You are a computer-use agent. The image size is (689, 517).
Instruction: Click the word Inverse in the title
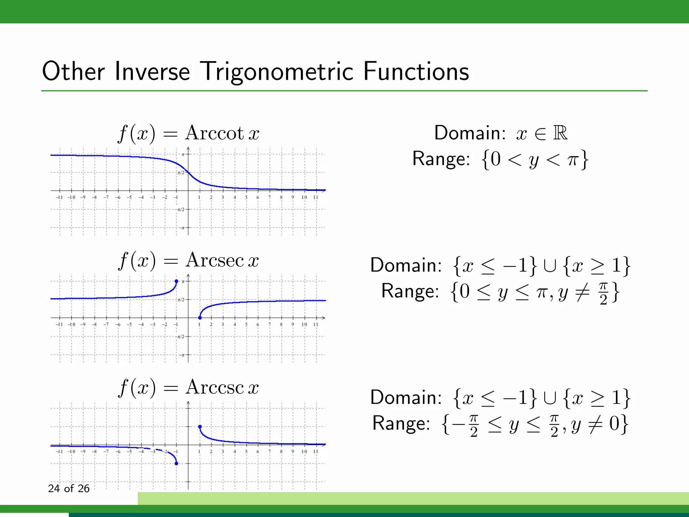pyautogui.click(x=152, y=72)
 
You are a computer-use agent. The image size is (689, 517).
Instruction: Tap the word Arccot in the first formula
pyautogui.click(x=214, y=133)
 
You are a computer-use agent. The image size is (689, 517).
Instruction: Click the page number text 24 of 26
pyautogui.click(x=69, y=488)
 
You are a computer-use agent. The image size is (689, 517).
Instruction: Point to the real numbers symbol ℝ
pyautogui.click(x=560, y=133)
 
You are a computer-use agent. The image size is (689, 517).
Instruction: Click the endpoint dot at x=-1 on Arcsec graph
pyautogui.click(x=176, y=281)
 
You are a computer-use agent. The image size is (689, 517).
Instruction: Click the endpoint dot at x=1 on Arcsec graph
pyautogui.click(x=200, y=317)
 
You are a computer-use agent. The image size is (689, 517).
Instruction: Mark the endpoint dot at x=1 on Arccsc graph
pyautogui.click(x=200, y=427)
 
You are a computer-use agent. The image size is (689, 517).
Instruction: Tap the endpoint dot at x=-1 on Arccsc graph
pyautogui.click(x=176, y=463)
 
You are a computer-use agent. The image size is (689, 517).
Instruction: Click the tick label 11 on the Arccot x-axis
pyautogui.click(x=316, y=197)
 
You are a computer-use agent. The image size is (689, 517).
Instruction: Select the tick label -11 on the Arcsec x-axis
pyautogui.click(x=59, y=324)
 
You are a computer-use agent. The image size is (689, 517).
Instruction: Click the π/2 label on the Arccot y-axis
pyautogui.click(x=181, y=173)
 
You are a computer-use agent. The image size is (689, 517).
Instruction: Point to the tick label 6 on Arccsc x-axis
pyautogui.click(x=258, y=451)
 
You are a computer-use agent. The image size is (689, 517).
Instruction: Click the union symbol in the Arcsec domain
pyautogui.click(x=549, y=266)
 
